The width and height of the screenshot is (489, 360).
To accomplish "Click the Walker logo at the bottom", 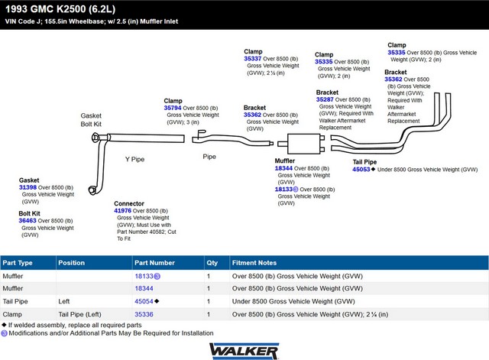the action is pos(244,351).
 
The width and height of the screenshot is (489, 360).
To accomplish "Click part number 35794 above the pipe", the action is pos(173,108).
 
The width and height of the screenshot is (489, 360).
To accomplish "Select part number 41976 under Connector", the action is pos(122,210).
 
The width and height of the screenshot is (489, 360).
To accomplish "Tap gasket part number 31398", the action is pos(28,187).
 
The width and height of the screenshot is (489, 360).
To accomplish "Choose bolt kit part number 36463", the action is pos(28,221).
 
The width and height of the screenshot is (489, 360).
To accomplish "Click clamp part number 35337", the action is pos(253,59).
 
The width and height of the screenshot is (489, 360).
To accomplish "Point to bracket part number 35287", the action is pos(325,99).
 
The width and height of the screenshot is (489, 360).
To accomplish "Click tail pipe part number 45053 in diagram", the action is pos(361,170).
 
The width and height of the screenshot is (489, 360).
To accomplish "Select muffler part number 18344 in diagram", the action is pos(283,168).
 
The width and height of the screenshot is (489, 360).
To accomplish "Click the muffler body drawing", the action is pos(304,144).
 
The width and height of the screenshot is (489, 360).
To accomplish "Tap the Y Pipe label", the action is pos(134,160).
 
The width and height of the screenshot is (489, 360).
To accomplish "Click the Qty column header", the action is pos(212,263).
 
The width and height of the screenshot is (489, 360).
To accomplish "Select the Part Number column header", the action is pos(154,263).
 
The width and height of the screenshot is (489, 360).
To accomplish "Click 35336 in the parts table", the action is pos(144,314).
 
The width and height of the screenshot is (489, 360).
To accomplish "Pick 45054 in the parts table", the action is pos(144,301).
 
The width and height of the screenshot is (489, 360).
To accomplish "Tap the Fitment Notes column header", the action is pos(254,263).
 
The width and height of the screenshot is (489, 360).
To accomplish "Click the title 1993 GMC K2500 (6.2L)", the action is pos(60,9).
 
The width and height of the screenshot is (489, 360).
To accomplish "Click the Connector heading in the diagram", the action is pos(129,203).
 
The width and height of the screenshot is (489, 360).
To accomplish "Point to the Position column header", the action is pos(71,263).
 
